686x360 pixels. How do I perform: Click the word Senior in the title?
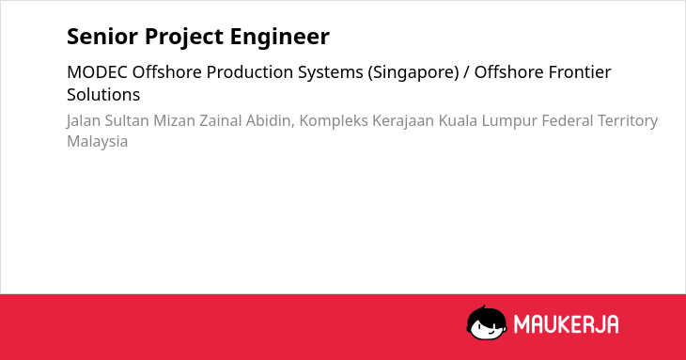101,36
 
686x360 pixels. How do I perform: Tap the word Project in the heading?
184,38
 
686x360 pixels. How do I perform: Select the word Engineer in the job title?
279,38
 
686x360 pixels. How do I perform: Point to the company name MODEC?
97,72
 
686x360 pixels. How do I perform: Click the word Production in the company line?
250,72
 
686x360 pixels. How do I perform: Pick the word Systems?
331,73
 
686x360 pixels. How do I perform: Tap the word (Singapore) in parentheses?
413,73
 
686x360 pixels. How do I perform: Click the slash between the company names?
466,72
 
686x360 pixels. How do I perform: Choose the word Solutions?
103,95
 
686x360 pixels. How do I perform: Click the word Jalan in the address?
84,120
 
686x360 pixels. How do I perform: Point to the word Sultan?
127,120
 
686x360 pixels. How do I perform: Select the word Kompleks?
334,121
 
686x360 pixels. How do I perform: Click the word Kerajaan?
403,121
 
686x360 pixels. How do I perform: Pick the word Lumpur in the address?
509,121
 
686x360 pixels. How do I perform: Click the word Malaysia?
97,142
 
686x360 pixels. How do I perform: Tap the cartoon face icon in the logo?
487,323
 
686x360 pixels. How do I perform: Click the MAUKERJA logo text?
566,324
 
